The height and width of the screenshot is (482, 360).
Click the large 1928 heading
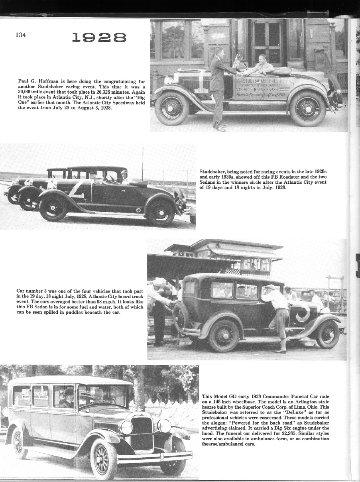pos(99,38)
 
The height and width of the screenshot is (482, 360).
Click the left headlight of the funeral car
pos(126,427)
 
